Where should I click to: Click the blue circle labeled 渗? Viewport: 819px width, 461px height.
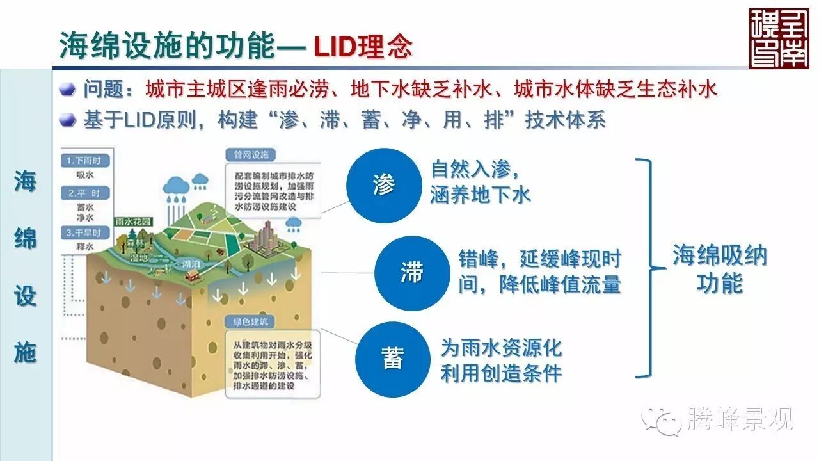coord(384,186)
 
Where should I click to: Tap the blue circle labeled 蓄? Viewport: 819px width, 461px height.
coord(392,359)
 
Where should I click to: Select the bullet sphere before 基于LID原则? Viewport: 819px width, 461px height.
coord(68,120)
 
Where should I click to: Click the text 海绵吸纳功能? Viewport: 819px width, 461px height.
coord(719,269)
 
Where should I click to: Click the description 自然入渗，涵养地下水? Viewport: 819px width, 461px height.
coord(481,182)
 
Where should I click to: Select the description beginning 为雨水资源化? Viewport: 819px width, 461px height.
coord(501,360)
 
